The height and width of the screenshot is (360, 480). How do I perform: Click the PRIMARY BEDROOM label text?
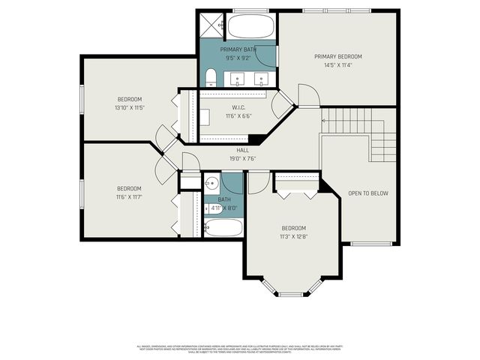click(337, 57)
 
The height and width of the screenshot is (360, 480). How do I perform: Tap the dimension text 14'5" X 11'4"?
click(337, 65)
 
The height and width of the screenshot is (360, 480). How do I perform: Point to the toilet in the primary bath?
click(211, 77)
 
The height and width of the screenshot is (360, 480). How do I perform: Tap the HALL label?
click(242, 150)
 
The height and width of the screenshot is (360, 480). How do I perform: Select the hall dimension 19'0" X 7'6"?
click(242, 158)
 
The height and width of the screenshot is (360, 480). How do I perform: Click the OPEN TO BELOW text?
click(368, 193)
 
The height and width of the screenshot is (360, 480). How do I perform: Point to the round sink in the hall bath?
click(213, 183)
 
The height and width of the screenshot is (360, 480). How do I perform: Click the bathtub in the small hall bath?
click(222, 227)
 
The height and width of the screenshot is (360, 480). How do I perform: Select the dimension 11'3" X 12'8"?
click(293, 236)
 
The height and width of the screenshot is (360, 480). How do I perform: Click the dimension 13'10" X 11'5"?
click(129, 108)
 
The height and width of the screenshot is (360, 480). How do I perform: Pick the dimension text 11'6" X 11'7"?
click(129, 196)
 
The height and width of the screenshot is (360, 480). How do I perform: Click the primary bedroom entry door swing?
click(309, 96)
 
